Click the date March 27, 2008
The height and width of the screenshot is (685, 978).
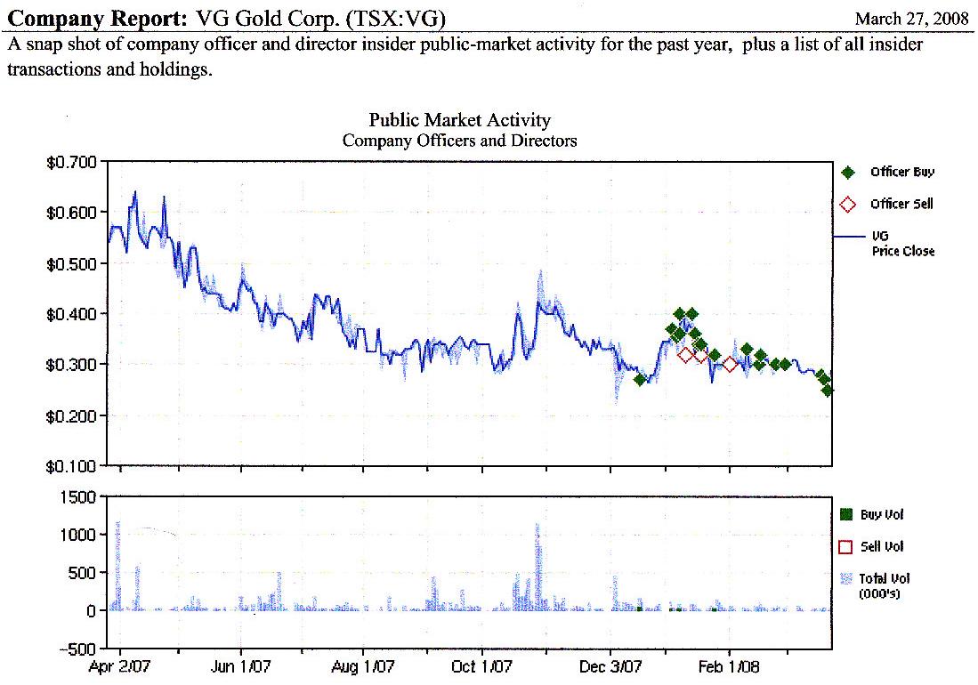[910, 19]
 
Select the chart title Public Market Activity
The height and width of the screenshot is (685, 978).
[459, 120]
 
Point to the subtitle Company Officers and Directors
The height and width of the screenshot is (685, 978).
[459, 141]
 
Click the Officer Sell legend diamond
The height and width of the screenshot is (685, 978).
[848, 205]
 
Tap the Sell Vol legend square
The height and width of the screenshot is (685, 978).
[846, 546]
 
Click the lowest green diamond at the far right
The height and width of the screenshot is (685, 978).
[828, 390]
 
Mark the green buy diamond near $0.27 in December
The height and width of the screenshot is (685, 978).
[640, 380]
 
